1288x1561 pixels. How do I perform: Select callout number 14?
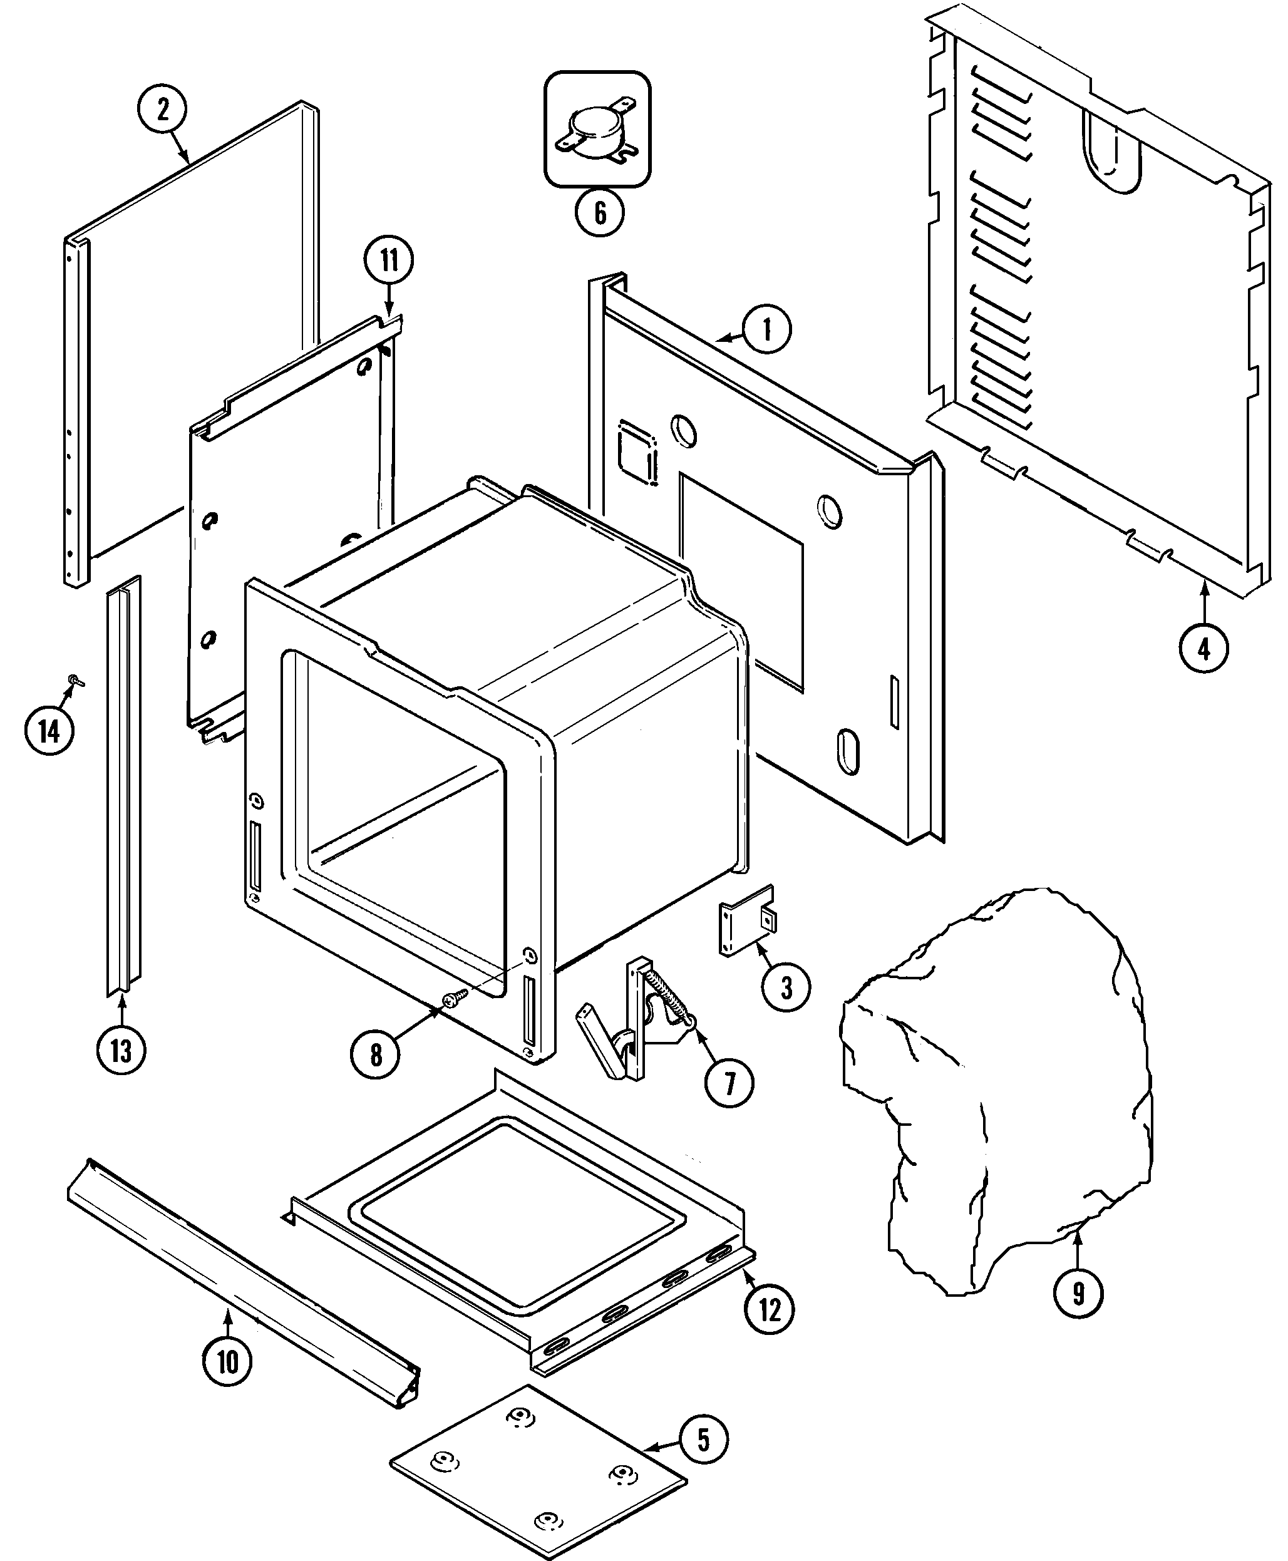tap(49, 731)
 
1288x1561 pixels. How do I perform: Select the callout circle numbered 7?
tap(729, 1084)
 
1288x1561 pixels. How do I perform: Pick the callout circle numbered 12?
tap(770, 1311)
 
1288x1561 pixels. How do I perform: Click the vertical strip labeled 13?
tap(123, 786)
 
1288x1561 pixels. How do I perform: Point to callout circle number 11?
tap(389, 260)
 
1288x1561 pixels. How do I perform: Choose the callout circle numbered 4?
tap(1203, 649)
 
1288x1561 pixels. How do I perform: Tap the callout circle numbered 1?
tap(767, 329)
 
